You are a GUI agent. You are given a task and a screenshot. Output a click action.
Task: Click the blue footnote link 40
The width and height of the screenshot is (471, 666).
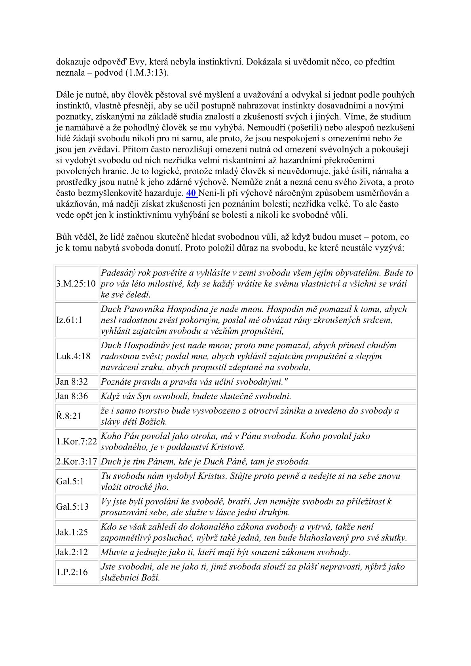[x=191, y=193]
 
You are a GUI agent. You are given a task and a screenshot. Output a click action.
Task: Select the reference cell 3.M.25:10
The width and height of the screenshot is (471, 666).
[x=76, y=284]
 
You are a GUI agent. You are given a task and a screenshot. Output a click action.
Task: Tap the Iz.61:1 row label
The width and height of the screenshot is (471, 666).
[x=69, y=320]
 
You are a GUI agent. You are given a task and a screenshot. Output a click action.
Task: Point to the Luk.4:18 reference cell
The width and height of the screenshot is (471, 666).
[x=73, y=356]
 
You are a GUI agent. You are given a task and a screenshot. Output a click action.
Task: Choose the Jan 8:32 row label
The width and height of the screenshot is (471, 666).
[x=72, y=382]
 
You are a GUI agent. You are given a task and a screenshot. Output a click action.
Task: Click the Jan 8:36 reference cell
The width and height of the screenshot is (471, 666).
[x=72, y=396]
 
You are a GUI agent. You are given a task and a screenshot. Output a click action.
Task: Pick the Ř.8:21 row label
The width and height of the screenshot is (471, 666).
[x=68, y=416]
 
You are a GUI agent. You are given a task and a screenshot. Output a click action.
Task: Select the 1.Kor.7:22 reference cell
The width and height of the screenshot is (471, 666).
[x=76, y=442]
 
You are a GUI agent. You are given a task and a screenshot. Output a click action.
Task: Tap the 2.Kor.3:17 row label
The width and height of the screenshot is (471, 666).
[x=76, y=461]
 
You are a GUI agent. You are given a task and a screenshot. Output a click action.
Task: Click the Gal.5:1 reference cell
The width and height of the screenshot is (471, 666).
[x=70, y=481]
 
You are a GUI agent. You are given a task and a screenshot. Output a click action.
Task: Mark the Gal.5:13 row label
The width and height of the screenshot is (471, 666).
[x=72, y=507]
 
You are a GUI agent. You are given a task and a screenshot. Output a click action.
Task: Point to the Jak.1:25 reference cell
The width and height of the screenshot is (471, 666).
[x=72, y=532]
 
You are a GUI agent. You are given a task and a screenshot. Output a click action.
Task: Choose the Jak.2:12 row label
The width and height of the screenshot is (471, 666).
[x=72, y=552]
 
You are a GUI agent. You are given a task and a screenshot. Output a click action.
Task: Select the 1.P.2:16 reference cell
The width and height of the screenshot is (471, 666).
[x=72, y=572]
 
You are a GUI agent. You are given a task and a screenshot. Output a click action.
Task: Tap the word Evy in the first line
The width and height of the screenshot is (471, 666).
[x=138, y=62]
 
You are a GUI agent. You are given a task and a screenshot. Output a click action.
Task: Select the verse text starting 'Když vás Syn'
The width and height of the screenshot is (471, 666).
[x=196, y=396]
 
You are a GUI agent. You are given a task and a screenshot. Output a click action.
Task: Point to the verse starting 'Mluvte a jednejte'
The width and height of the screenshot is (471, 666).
[x=225, y=552]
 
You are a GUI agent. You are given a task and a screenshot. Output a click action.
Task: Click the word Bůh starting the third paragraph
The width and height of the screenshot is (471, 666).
[x=64, y=237]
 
